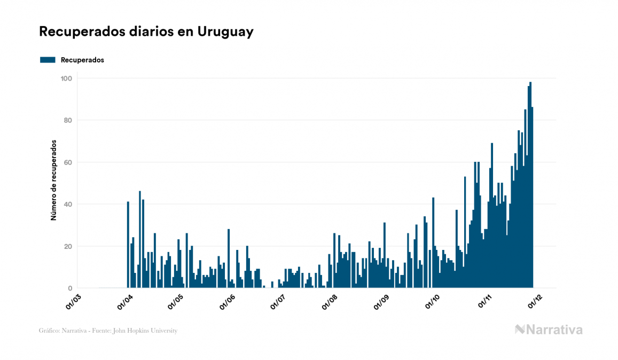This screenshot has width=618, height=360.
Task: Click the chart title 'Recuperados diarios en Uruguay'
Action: (x=146, y=32)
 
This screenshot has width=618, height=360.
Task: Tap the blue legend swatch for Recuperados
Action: (x=48, y=60)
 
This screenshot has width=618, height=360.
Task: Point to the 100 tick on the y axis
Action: (x=67, y=79)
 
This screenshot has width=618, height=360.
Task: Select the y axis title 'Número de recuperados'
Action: (x=53, y=181)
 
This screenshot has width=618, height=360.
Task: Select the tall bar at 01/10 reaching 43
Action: (x=433, y=243)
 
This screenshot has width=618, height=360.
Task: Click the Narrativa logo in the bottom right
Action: (x=549, y=330)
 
